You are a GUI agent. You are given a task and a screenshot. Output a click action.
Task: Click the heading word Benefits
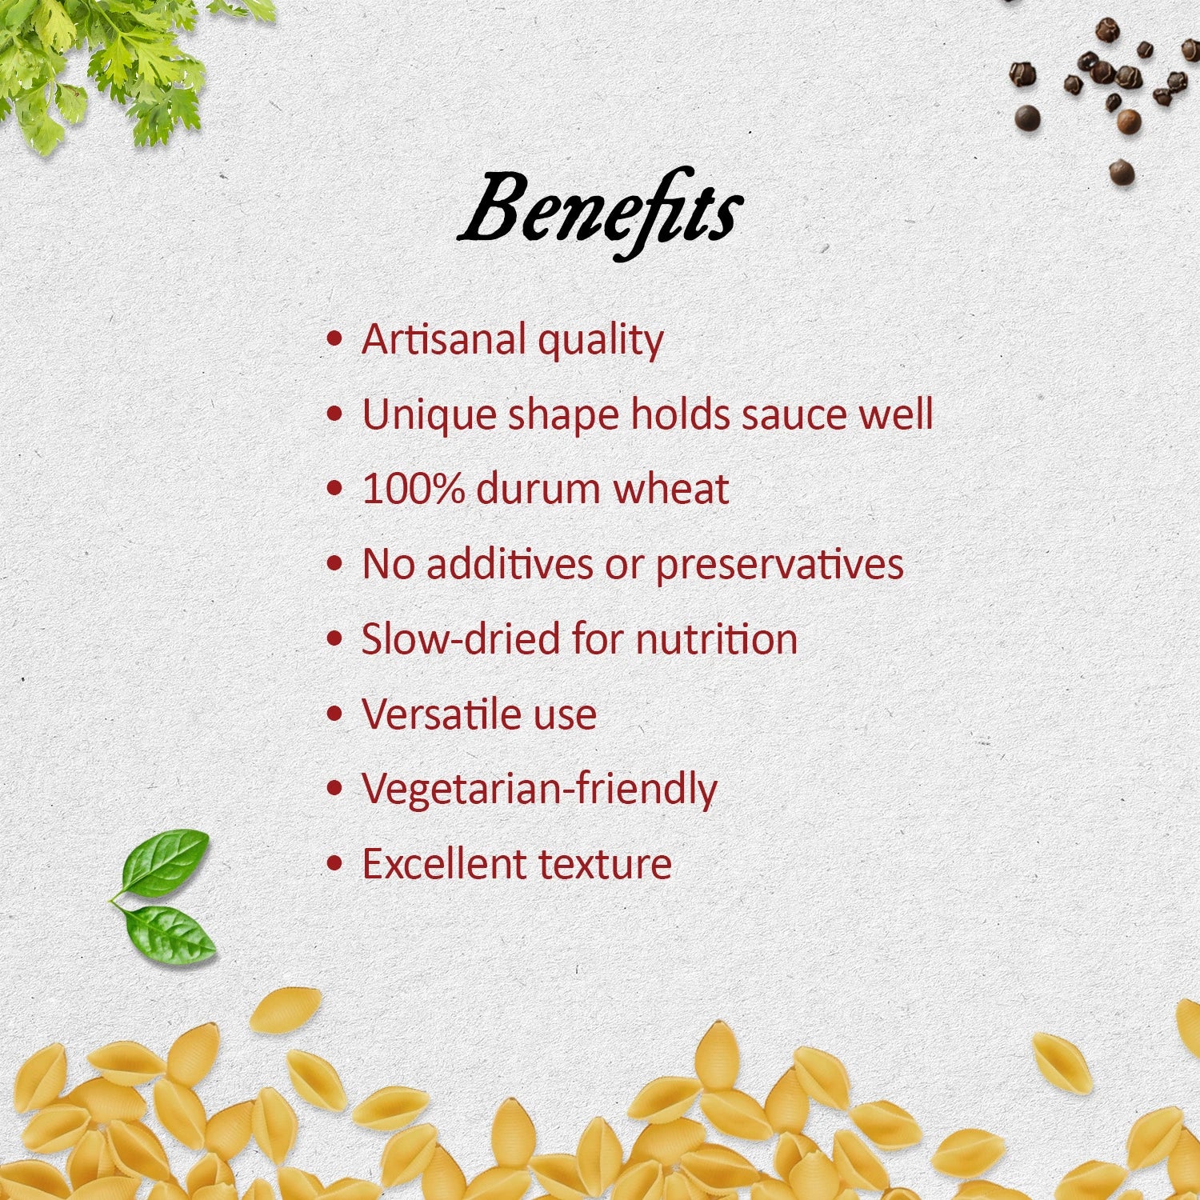pyautogui.click(x=600, y=212)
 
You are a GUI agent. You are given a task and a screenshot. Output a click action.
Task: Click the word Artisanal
pyautogui.click(x=443, y=338)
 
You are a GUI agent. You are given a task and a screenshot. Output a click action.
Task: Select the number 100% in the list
pyautogui.click(x=413, y=488)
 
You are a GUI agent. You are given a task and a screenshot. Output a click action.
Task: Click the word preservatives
pyautogui.click(x=780, y=565)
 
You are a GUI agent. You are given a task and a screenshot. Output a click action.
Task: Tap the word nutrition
pyautogui.click(x=717, y=639)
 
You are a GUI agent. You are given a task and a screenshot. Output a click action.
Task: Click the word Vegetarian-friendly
pyautogui.click(x=540, y=789)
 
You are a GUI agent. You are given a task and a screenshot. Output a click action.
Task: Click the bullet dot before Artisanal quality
pyautogui.click(x=335, y=339)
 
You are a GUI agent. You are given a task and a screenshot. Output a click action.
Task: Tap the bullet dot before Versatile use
pyautogui.click(x=335, y=714)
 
